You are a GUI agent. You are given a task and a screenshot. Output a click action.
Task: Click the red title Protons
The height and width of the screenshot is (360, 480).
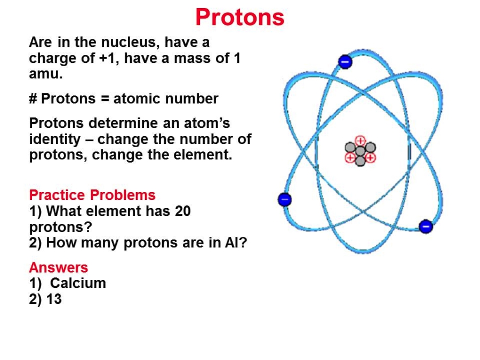240,17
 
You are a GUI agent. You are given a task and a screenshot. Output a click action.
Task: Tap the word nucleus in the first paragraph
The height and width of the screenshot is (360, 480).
131,42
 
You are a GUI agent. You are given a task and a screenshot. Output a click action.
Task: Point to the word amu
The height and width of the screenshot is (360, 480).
46,74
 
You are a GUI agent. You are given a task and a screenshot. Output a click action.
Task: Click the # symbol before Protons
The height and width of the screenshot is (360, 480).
33,99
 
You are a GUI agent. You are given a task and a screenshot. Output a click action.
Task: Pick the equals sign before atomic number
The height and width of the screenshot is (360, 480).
105,99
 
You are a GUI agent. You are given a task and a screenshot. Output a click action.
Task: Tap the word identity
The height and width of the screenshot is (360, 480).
55,140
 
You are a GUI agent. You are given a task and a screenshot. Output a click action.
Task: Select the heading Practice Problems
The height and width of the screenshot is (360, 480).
92,195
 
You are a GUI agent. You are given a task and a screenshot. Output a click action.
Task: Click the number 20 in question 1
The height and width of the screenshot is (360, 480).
183,211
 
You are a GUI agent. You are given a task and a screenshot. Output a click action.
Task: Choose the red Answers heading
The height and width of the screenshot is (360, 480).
59,267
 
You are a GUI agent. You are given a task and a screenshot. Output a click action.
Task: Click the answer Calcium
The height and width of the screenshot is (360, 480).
78,283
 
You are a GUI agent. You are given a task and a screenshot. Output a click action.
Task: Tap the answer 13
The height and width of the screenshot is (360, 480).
54,299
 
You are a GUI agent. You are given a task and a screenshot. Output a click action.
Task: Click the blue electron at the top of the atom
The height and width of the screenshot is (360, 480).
345,61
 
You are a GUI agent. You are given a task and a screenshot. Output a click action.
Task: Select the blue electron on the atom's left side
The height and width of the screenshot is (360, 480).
285,199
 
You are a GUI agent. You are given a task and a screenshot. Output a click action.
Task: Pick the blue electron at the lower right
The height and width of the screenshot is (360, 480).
426,227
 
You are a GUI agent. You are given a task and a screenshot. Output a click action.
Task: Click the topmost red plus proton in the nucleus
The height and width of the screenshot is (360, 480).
361,141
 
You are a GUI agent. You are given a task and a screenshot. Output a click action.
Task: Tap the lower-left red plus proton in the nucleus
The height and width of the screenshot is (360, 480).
350,158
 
